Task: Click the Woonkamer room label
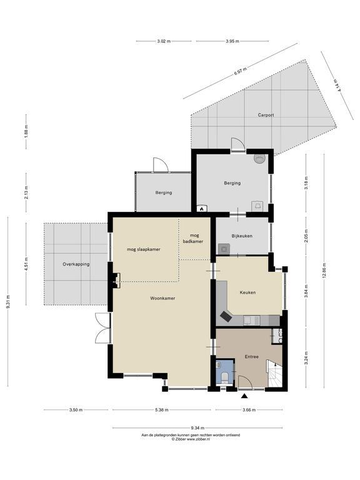162,298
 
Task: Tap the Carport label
266,115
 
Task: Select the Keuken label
247,292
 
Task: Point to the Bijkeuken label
242,236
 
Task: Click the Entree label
252,357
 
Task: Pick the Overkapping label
76,264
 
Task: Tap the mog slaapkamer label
144,249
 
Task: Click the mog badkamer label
193,239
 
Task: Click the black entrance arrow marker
244,396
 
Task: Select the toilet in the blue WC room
224,377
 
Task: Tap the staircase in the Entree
274,374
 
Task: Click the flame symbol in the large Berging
202,209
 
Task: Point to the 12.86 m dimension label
324,271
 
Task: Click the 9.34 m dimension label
197,428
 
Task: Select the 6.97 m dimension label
240,71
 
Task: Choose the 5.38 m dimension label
161,410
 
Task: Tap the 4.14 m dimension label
337,86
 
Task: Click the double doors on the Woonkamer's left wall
102,327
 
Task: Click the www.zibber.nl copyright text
191,439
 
